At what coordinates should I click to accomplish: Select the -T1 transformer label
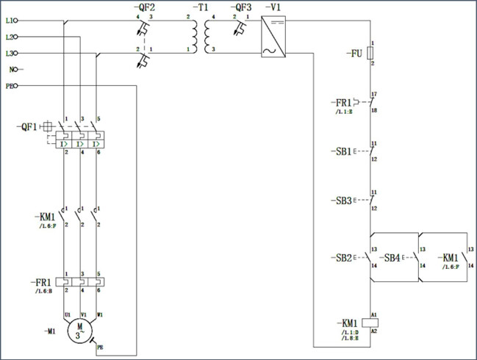click(201, 7)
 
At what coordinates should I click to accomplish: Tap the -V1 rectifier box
click(273, 37)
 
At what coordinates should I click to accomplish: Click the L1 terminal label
click(10, 21)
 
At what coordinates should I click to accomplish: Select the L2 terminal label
click(10, 37)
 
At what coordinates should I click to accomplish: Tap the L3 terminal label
click(10, 53)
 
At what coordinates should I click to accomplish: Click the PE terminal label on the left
click(10, 86)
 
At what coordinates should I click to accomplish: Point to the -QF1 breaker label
click(28, 127)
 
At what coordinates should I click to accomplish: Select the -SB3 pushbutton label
click(340, 200)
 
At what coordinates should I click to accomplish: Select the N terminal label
click(12, 70)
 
